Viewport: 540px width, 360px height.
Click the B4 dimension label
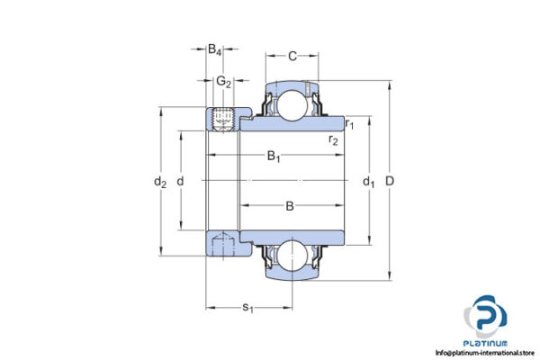tap(215, 50)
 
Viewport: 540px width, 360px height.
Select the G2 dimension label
tap(223, 83)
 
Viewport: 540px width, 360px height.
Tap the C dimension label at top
tap(292, 56)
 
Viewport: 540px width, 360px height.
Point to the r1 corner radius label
tap(349, 123)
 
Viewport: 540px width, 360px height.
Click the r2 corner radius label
tap(333, 139)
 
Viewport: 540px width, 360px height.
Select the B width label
tap(290, 206)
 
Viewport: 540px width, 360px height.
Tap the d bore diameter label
tap(181, 182)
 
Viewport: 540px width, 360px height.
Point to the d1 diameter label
tap(368, 182)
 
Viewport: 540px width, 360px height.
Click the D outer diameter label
tap(390, 182)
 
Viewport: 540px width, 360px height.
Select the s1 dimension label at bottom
tap(248, 308)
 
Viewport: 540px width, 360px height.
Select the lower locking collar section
tap(221, 245)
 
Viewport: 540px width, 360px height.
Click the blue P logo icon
tap(487, 317)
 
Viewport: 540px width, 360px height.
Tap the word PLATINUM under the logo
tap(487, 344)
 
